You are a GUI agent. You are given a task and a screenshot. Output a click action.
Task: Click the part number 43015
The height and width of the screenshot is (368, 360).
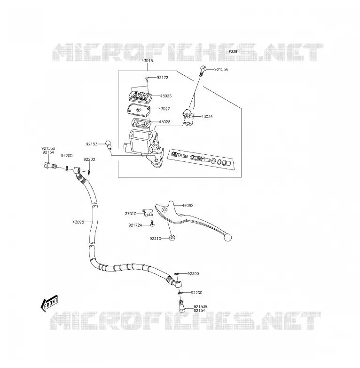[147, 61]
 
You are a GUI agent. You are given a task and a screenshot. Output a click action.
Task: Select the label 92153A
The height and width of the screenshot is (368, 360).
[221, 70]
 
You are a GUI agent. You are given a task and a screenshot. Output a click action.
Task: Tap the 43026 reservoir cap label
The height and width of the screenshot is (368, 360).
[166, 96]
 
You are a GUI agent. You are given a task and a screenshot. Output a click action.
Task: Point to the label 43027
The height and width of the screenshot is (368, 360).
[164, 109]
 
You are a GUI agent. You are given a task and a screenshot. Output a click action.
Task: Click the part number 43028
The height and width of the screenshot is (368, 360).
[164, 122]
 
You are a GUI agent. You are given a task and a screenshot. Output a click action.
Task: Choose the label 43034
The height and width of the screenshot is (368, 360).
[207, 117]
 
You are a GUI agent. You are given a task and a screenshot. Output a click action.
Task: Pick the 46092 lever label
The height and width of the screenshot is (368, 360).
[188, 206]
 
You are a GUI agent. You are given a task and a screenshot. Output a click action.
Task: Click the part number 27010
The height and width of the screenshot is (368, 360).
[131, 214]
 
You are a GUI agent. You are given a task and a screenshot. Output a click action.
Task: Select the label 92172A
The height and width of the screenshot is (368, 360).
[135, 225]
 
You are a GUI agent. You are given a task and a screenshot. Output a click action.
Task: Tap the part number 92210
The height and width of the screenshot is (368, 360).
[156, 239]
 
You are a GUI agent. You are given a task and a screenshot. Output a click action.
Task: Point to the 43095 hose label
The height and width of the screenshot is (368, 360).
[78, 222]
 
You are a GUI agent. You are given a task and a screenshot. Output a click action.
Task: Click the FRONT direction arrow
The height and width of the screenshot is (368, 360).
[49, 304]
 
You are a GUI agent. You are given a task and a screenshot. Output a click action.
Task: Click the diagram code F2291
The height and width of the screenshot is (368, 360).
[234, 51]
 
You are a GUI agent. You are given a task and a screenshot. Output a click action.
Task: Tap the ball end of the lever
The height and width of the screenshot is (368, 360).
[227, 238]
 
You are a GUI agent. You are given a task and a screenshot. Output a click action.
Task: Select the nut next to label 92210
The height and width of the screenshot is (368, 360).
[172, 238]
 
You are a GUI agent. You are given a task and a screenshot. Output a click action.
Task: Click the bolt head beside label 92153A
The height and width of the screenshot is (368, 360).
[203, 69]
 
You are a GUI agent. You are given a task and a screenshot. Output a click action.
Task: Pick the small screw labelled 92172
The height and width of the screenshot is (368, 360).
[147, 79]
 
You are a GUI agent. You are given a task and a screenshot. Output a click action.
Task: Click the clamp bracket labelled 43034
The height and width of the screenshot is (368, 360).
[188, 117]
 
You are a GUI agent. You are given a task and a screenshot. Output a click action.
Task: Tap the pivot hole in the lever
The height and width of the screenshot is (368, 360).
[164, 209]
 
